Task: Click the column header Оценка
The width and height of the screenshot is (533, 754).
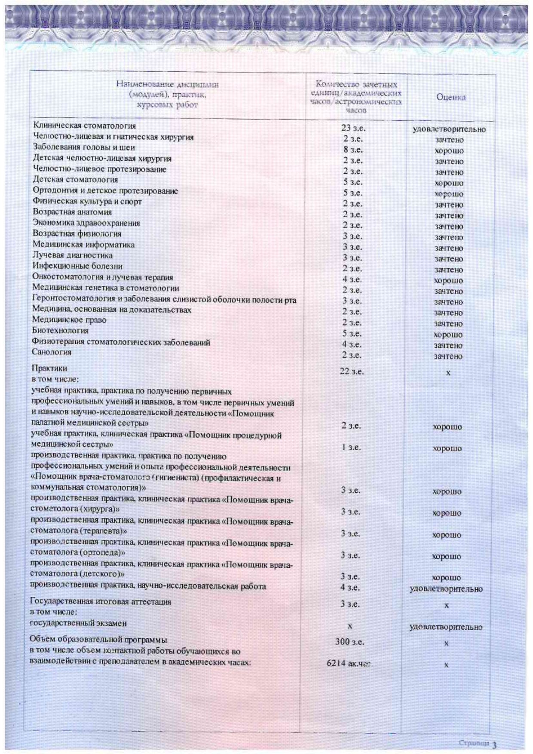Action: [450, 97]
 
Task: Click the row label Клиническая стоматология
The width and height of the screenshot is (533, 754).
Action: [84, 126]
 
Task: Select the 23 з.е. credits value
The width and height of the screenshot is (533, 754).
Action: [353, 128]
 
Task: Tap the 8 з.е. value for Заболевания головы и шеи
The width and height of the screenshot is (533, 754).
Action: [353, 150]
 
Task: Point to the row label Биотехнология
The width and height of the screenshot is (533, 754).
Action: [60, 331]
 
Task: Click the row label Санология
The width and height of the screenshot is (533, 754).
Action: [52, 352]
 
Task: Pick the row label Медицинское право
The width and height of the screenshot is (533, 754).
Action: [69, 320]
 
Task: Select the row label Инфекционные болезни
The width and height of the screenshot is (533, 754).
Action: [77, 266]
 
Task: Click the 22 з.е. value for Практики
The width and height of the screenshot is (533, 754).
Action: [352, 371]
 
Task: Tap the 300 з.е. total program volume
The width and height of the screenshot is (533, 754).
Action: [349, 642]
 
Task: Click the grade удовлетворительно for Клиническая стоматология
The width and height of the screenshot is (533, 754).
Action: [449, 129]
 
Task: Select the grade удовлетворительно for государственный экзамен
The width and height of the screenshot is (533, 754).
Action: [446, 627]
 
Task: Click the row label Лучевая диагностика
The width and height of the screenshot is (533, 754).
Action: [73, 255]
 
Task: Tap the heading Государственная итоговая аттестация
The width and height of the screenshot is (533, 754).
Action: [100, 602]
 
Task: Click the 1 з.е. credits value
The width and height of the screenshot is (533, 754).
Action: [351, 447]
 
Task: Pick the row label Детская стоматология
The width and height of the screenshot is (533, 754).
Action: [75, 180]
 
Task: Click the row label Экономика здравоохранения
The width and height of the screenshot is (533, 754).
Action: [86, 223]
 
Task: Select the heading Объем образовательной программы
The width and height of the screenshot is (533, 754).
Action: [98, 640]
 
